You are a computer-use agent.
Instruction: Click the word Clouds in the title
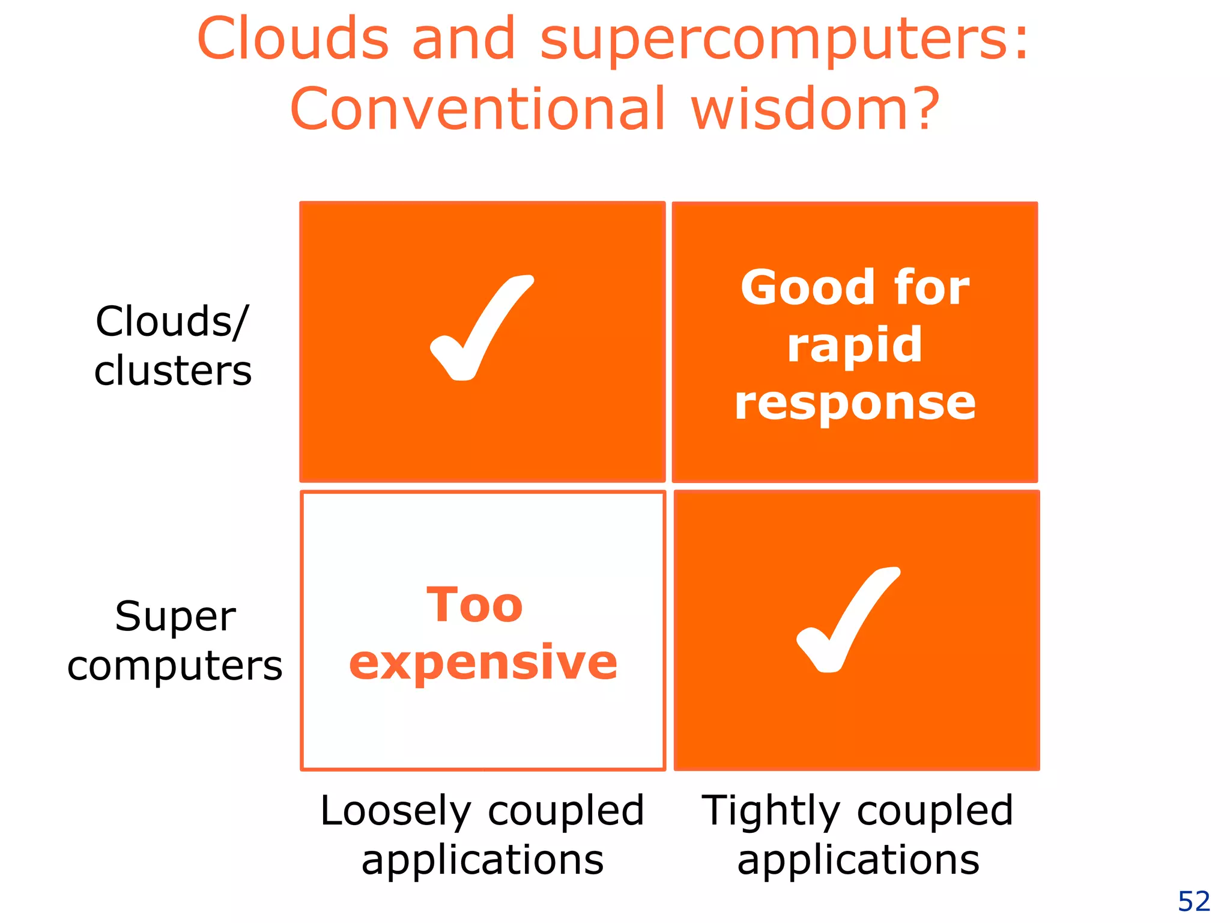(x=292, y=39)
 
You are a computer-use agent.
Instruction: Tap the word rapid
(x=855, y=345)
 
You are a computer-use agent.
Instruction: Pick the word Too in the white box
(x=474, y=605)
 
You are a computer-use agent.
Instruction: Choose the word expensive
(x=483, y=662)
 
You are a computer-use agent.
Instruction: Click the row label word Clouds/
(x=172, y=321)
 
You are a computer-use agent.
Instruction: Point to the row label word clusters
(x=173, y=370)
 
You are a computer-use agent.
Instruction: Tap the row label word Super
(x=175, y=617)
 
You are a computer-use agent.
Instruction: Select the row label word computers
(x=175, y=666)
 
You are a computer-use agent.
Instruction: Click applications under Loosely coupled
(x=482, y=860)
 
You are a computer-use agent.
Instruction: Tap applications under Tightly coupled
(x=858, y=860)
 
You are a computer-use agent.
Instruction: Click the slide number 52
(x=1194, y=901)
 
